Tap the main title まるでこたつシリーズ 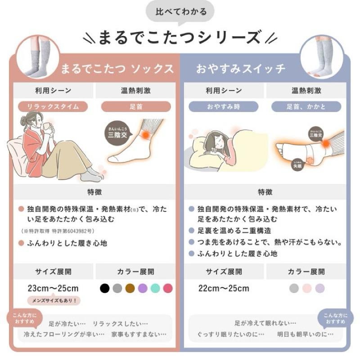[x=180, y=37]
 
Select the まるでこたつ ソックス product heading [x=117, y=69]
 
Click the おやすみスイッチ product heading [x=241, y=69]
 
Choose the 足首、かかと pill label [x=306, y=107]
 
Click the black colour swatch [x=105, y=288]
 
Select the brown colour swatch [x=130, y=288]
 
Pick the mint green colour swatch [x=155, y=288]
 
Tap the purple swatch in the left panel [x=143, y=288]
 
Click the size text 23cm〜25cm [x=53, y=288]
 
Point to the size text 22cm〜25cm [x=224, y=288]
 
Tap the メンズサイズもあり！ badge [x=54, y=300]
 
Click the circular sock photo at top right [x=321, y=57]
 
